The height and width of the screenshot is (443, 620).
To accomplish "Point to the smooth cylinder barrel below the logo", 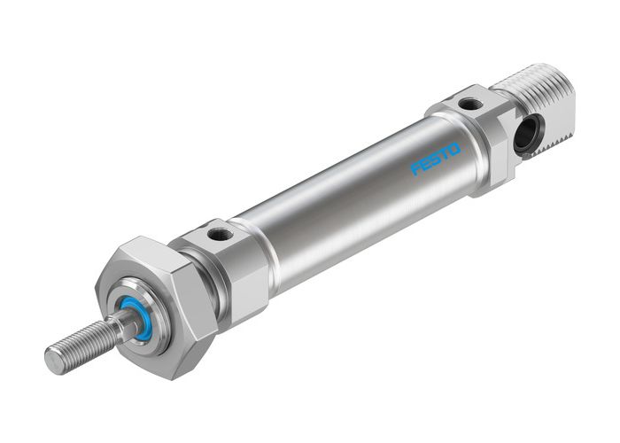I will click(x=354, y=221).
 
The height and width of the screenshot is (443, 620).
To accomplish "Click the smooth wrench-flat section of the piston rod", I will click(x=120, y=328).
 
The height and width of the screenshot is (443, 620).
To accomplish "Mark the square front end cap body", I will click(x=230, y=266).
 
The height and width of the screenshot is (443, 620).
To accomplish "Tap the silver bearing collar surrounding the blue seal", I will click(x=146, y=301).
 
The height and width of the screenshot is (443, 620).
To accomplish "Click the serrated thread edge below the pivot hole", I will click(x=554, y=142).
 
